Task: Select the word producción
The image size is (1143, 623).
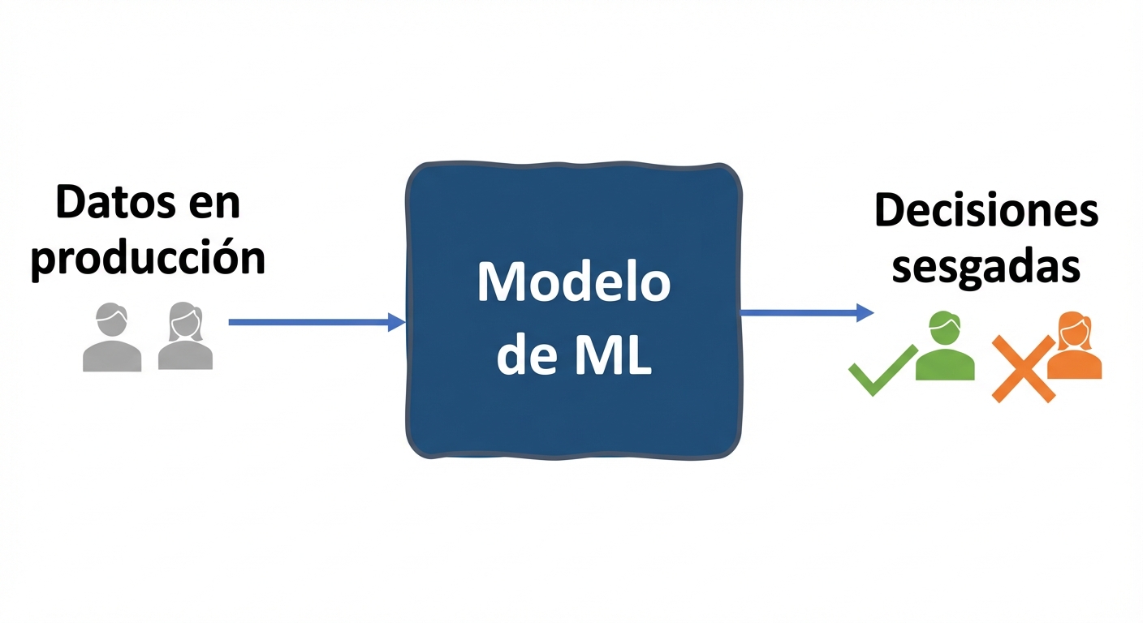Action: [x=148, y=258]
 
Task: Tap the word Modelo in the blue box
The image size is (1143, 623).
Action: [x=573, y=282]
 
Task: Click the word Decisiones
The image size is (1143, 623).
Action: [x=986, y=211]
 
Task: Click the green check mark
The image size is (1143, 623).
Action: [x=881, y=370]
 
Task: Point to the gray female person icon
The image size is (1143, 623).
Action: [x=185, y=337]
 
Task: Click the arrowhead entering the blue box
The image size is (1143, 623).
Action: [x=397, y=322]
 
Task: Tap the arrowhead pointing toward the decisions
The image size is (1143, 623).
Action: [x=865, y=312]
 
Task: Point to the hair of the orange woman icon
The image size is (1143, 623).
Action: [x=1074, y=323]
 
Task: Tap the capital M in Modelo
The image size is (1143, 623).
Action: [x=498, y=282]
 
